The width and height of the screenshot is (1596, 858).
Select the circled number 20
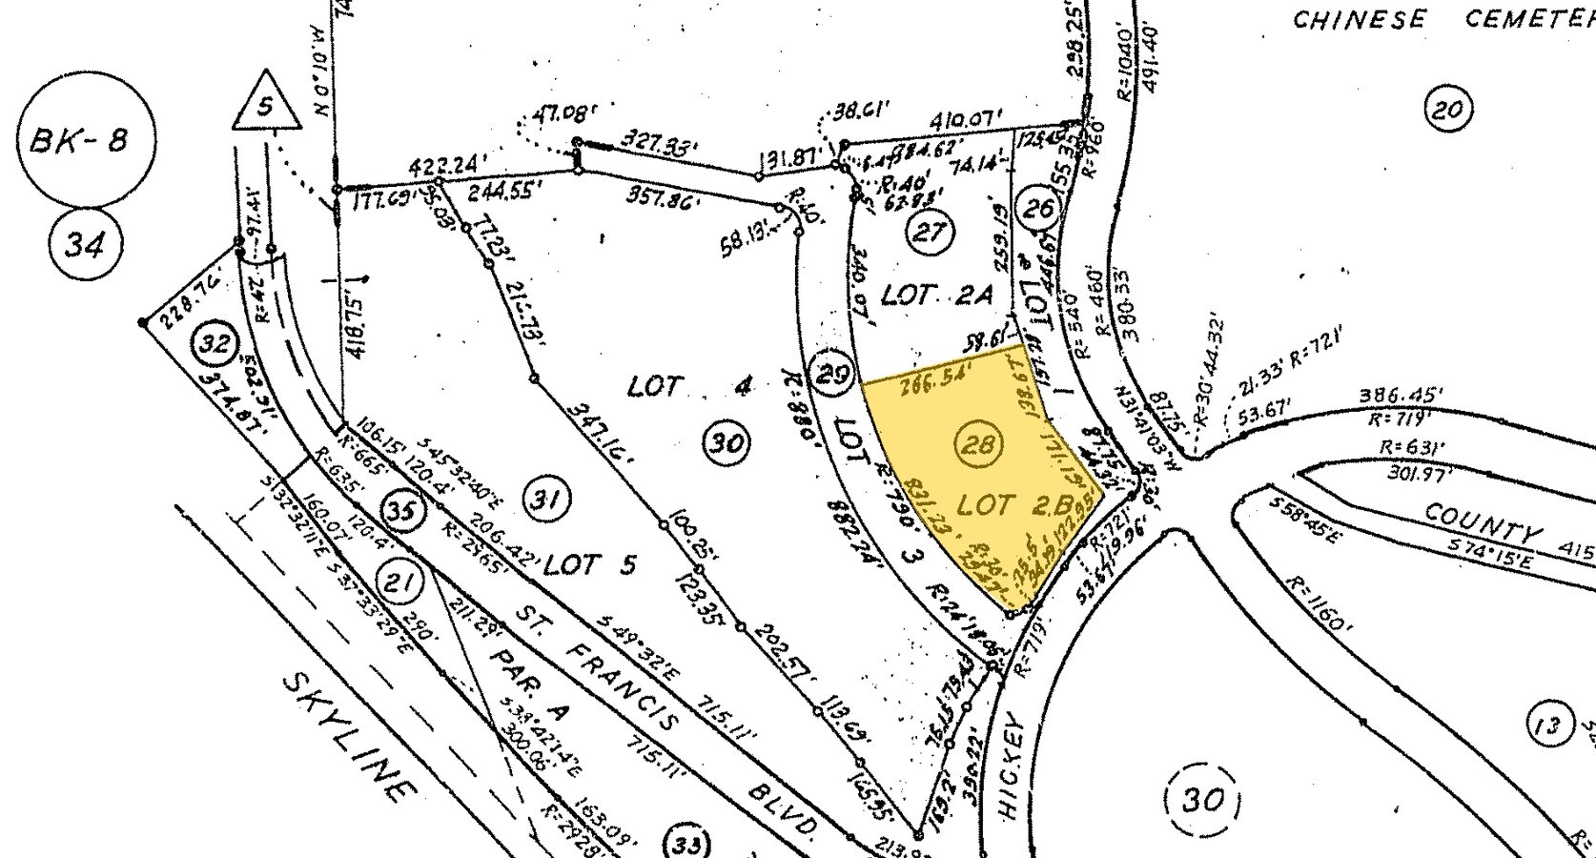tap(1447, 109)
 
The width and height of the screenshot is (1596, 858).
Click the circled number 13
tap(1548, 726)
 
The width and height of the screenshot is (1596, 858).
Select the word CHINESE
tap(1360, 19)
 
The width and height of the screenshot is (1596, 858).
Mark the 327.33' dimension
tap(656, 147)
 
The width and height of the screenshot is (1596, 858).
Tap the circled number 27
tap(928, 232)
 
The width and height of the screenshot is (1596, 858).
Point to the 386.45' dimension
tap(1400, 395)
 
